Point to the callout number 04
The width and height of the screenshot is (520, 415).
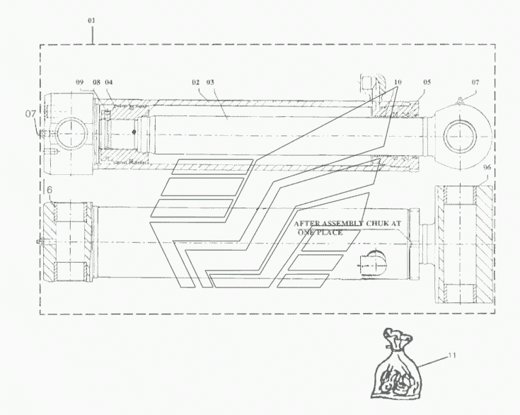[x=109, y=82]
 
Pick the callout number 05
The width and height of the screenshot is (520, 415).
[x=427, y=82]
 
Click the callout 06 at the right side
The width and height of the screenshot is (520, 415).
[x=487, y=167]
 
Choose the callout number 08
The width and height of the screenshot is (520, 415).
[x=96, y=82]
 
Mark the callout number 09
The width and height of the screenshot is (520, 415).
[x=81, y=82]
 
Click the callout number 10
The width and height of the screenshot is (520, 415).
[x=398, y=82]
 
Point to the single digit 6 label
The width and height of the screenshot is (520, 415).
[x=50, y=191]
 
